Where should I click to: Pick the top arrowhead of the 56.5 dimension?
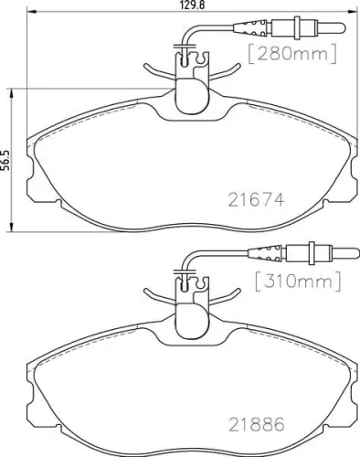10,90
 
